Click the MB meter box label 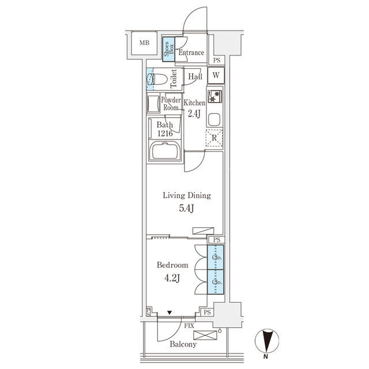[x=144, y=43]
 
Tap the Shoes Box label [x=169, y=49]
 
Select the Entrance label [x=191, y=52]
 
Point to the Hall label [x=195, y=76]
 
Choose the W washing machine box [x=216, y=76]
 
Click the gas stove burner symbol [x=214, y=96]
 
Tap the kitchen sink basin [x=214, y=119]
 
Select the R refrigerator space [x=214, y=138]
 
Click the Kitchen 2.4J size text [x=194, y=114]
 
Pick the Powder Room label [x=171, y=104]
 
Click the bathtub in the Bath [x=165, y=150]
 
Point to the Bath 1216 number [x=165, y=133]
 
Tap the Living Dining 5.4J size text [x=186, y=209]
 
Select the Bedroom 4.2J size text [x=172, y=278]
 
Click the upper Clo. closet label [x=217, y=257]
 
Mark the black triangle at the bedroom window [x=170, y=312]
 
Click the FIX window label [x=189, y=326]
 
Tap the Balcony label [x=183, y=344]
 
